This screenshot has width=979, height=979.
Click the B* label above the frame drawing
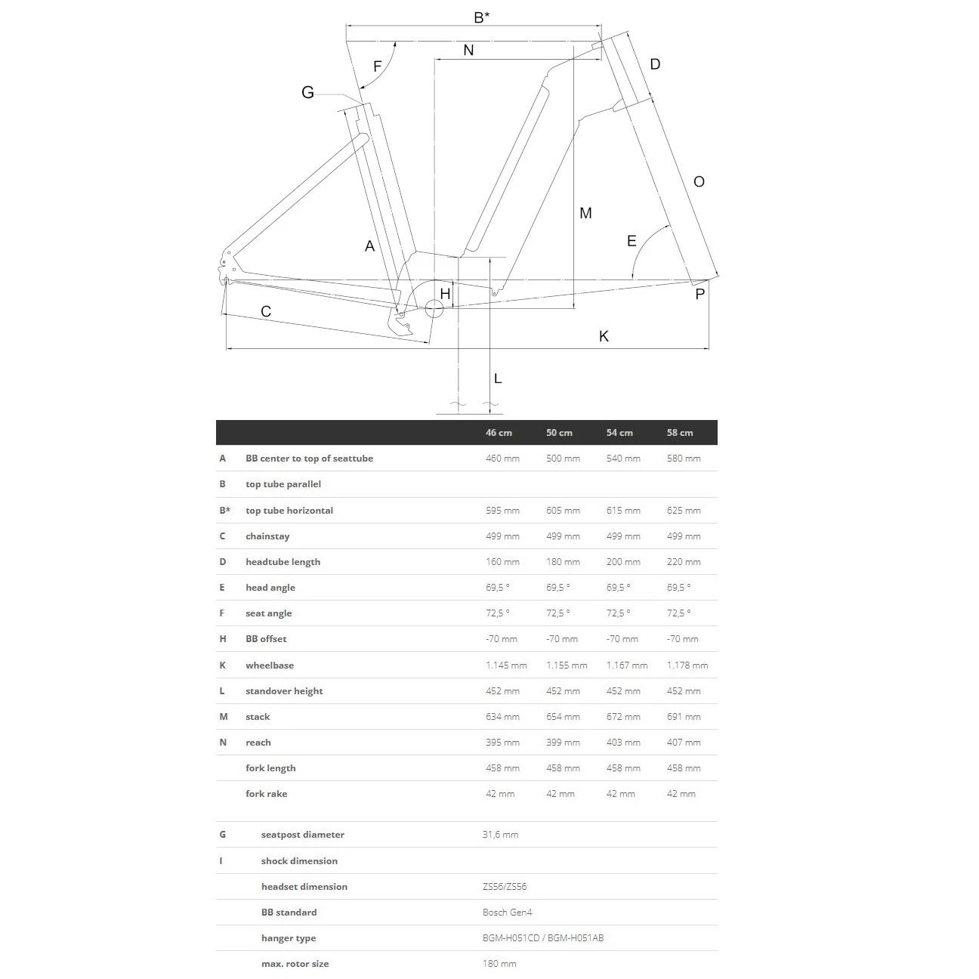tap(482, 17)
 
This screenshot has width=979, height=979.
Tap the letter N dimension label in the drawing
tap(468, 50)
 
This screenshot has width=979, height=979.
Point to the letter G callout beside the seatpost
tap(307, 93)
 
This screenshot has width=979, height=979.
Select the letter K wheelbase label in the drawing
tap(604, 336)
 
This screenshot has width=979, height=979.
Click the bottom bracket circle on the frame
tap(434, 308)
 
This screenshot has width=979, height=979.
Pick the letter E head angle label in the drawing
tap(632, 242)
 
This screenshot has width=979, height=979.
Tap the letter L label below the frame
tap(498, 378)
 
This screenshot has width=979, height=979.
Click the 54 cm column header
tap(619, 433)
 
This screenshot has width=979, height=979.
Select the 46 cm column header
tap(499, 433)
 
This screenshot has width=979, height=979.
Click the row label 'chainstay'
tap(267, 536)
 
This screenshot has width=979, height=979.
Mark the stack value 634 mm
tap(502, 717)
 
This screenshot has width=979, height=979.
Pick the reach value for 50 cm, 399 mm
tap(563, 743)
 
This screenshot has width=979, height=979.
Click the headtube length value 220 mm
tap(684, 562)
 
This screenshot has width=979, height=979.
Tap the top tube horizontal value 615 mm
tap(623, 511)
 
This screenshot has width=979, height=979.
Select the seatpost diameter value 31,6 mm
tap(500, 835)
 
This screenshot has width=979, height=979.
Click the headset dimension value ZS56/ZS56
tap(504, 887)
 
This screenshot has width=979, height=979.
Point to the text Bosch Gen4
tap(507, 913)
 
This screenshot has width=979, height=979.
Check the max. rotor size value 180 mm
tap(499, 964)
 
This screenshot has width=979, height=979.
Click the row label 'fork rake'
tap(266, 794)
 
